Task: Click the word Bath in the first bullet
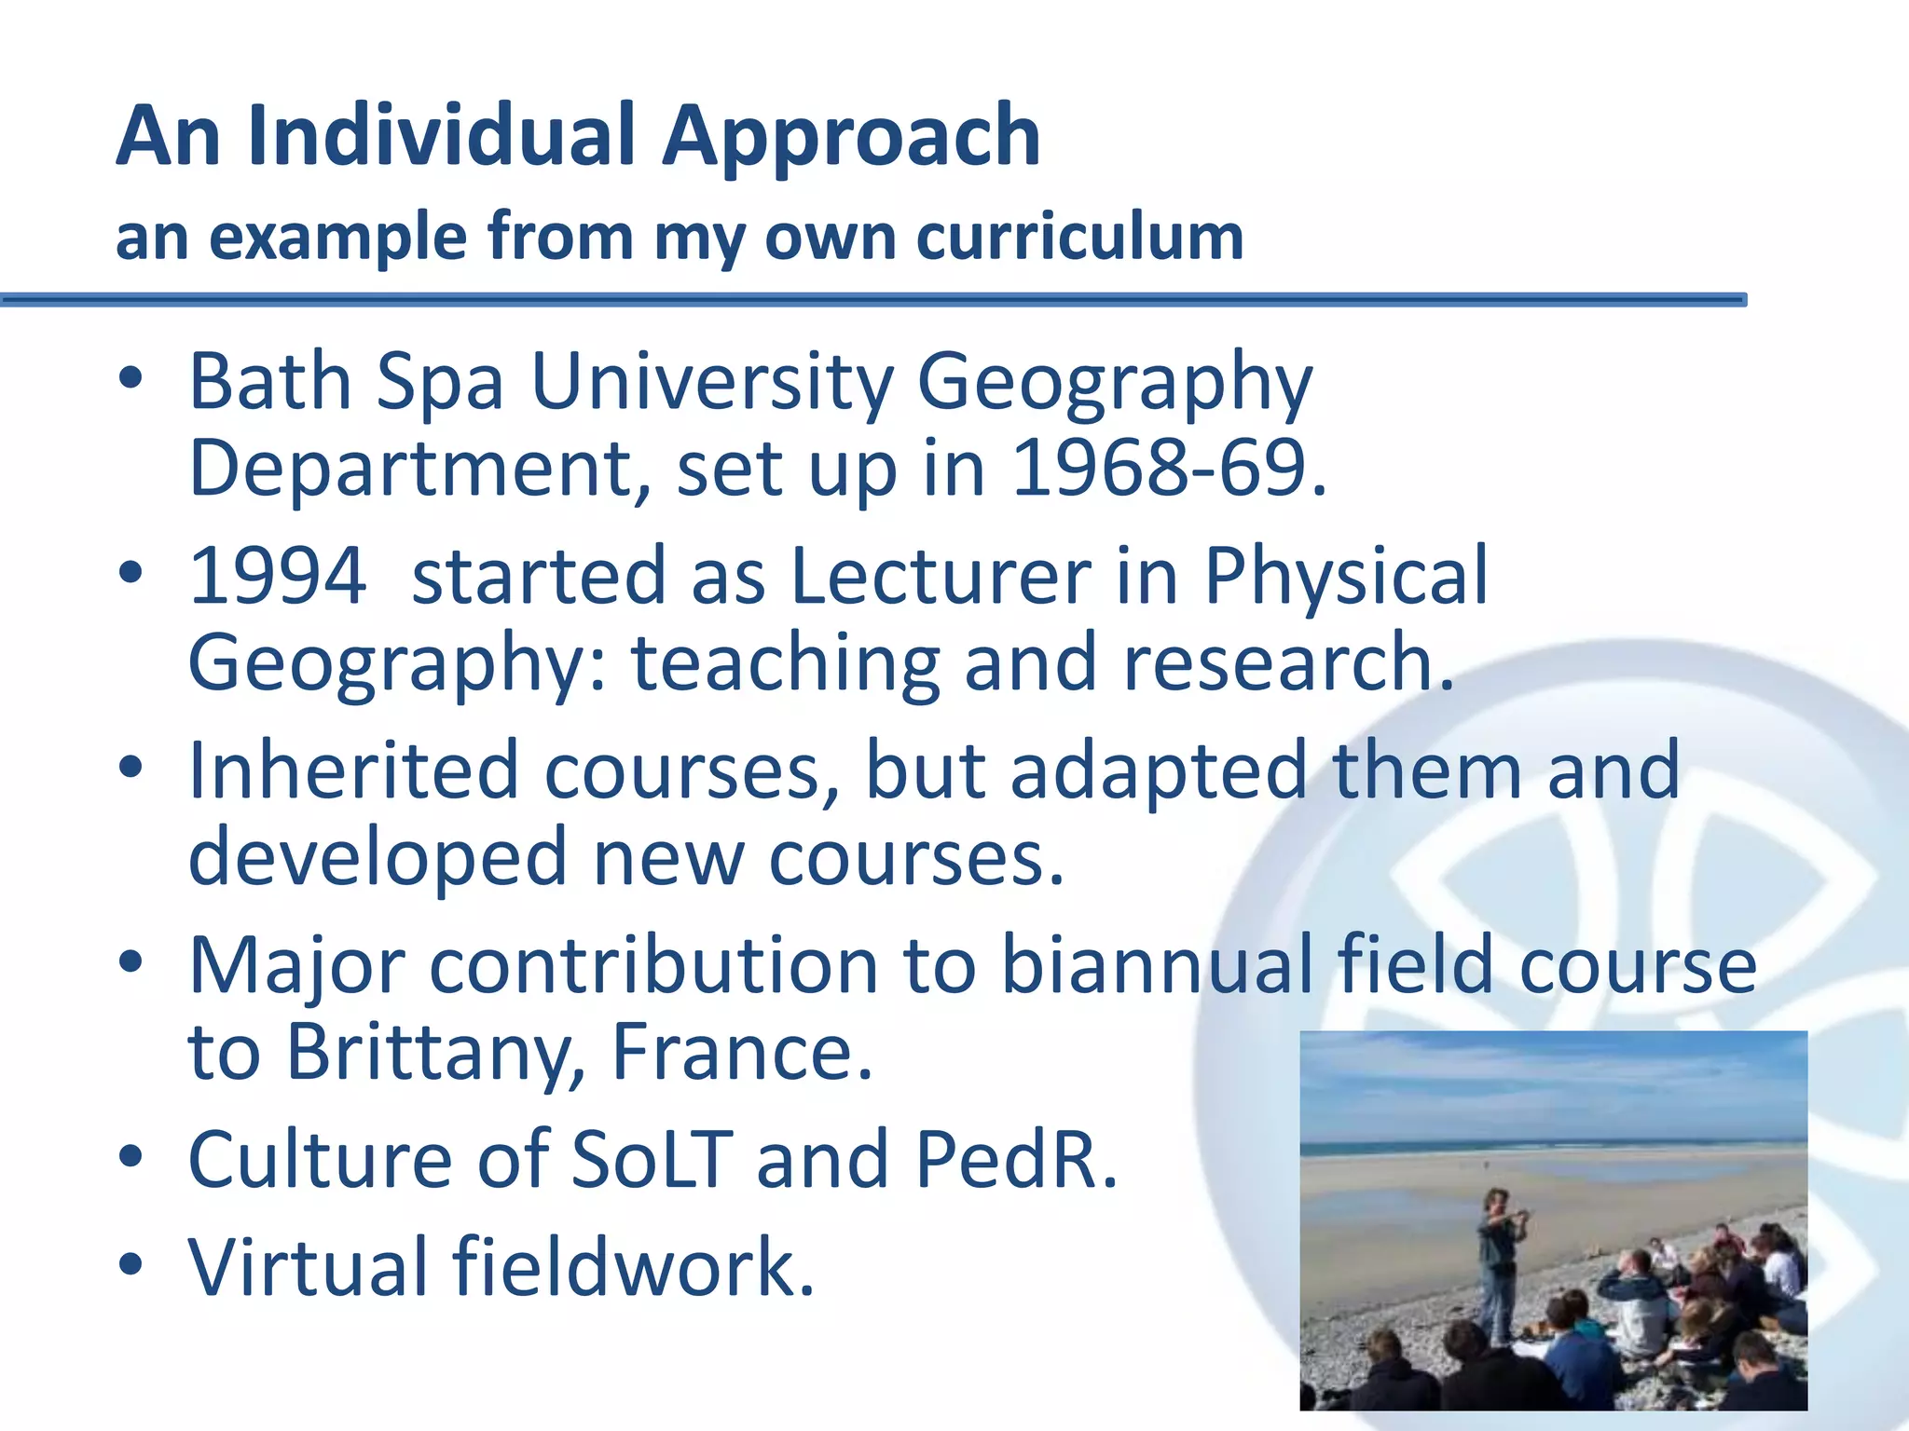269,381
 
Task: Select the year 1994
278,577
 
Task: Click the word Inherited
353,771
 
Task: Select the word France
742,1053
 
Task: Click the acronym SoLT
651,1160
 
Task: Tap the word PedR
1016,1160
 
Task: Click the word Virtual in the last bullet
308,1267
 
